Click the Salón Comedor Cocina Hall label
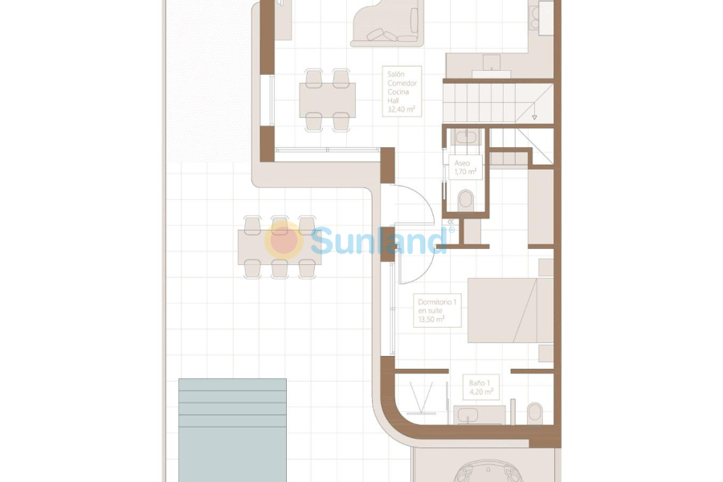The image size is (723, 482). (402, 92)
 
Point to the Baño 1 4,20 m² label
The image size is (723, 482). (480, 388)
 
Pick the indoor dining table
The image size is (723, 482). (327, 100)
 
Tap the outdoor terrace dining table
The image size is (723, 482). (278, 247)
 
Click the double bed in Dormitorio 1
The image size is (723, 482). (509, 310)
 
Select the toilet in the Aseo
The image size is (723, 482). (465, 198)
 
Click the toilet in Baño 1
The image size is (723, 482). (535, 413)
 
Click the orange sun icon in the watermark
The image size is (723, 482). (284, 240)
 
